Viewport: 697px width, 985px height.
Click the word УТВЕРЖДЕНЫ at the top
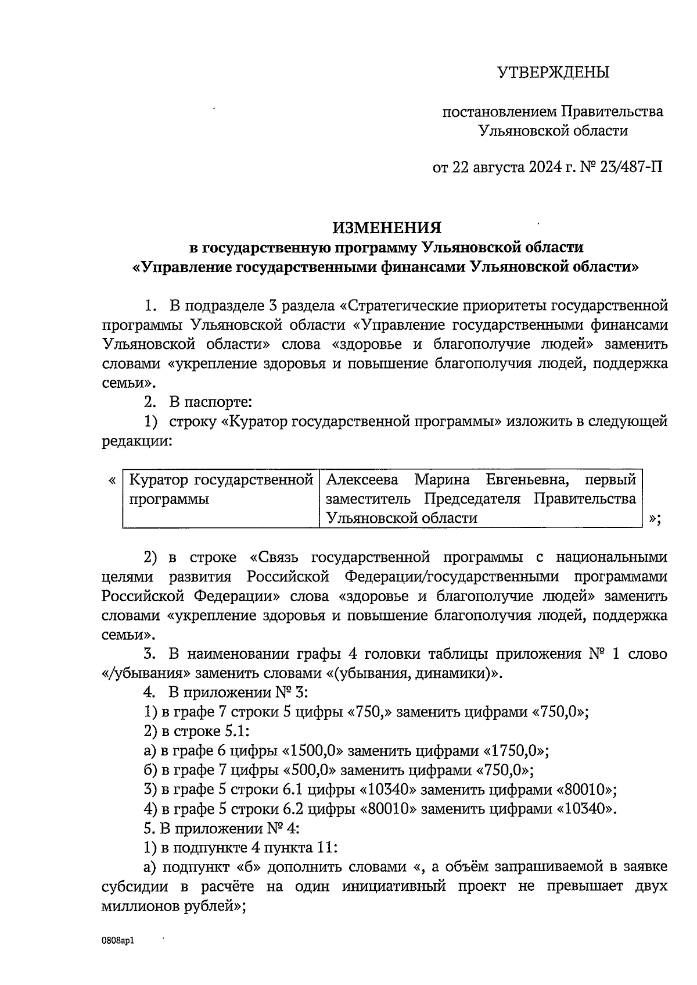pyautogui.click(x=553, y=73)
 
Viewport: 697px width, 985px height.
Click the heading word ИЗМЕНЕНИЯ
pyautogui.click(x=387, y=227)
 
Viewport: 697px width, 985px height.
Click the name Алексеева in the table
pyautogui.click(x=362, y=480)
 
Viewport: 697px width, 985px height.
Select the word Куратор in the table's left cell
pyautogui.click(x=158, y=480)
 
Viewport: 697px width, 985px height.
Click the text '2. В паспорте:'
pyautogui.click(x=197, y=402)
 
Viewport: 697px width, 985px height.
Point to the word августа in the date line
pyautogui.click(x=498, y=167)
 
